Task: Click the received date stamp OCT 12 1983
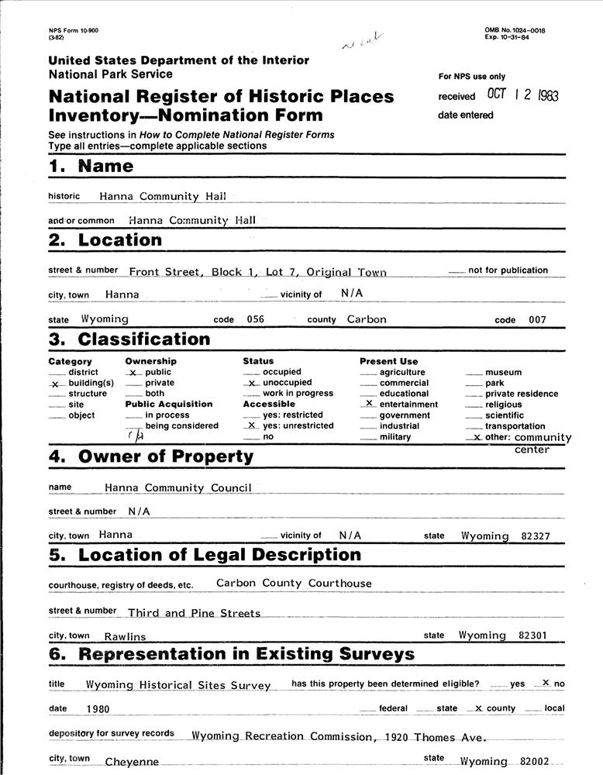click(x=522, y=95)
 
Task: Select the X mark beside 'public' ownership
click(x=133, y=373)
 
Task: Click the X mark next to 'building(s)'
click(x=55, y=384)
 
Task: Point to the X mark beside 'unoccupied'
click(x=251, y=383)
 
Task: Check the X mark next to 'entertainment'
click(x=369, y=404)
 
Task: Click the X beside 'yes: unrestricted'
click(x=250, y=425)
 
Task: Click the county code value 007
click(x=538, y=319)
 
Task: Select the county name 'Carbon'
click(x=367, y=319)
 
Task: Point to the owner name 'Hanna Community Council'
click(x=177, y=488)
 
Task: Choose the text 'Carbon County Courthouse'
click(x=294, y=583)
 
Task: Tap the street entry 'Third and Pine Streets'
click(x=194, y=613)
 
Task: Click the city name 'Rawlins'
click(x=125, y=636)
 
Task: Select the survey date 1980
click(x=98, y=708)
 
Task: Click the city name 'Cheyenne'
click(x=132, y=763)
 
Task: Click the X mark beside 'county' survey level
click(x=478, y=708)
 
